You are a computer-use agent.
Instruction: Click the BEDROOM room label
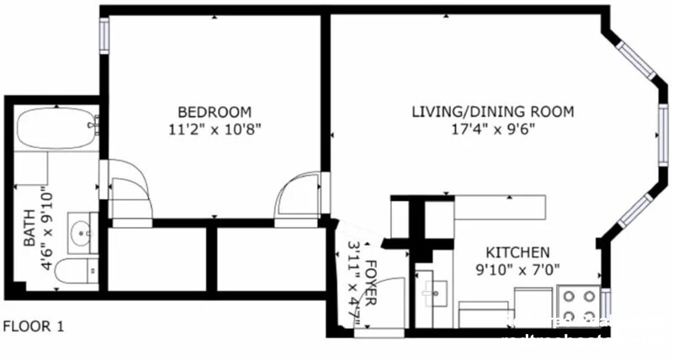pyautogui.click(x=215, y=112)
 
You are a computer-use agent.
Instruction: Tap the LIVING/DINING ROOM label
pyautogui.click(x=492, y=112)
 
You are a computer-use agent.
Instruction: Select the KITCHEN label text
pyautogui.click(x=518, y=252)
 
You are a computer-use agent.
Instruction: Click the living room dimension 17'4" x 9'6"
pyautogui.click(x=492, y=129)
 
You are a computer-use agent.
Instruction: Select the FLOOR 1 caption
pyautogui.click(x=34, y=326)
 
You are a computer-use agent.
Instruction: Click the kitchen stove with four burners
pyautogui.click(x=578, y=307)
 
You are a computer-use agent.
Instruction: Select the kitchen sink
pyautogui.click(x=435, y=290)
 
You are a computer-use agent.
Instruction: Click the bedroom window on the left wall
pyautogui.click(x=105, y=34)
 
